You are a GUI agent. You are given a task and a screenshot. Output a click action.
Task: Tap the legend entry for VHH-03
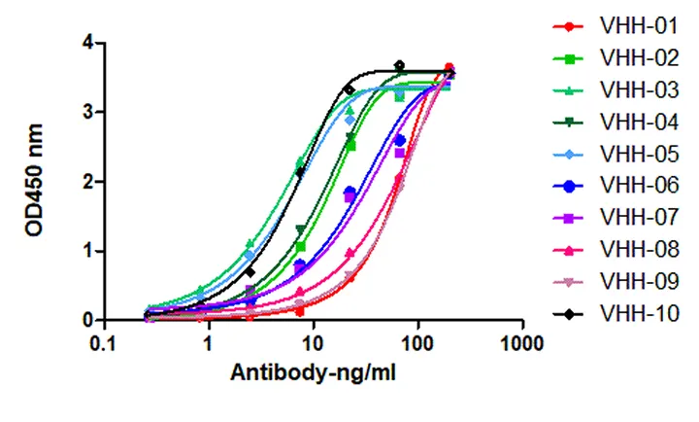639,90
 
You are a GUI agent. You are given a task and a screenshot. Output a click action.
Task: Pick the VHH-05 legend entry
639,155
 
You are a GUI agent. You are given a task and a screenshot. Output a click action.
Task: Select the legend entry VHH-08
639,250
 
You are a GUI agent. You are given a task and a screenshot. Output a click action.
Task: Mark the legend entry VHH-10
639,313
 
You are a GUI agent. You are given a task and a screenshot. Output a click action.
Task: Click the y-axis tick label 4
87,43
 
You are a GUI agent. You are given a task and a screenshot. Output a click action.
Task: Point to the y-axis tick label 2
87,182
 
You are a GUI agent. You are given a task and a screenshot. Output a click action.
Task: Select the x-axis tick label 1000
522,344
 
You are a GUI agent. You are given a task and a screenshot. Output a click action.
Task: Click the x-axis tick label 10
313,344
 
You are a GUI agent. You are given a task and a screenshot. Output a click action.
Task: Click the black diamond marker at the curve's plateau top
399,66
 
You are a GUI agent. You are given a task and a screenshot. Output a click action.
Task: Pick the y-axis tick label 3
87,113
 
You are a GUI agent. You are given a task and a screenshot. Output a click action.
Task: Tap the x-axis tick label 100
417,344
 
